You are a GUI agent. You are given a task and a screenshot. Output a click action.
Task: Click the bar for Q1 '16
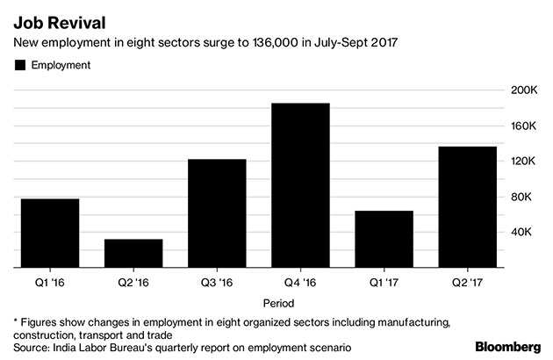(x=50, y=233)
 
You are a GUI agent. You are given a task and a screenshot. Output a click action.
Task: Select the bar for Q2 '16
(x=133, y=253)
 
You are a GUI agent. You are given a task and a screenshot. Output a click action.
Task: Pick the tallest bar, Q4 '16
(x=300, y=184)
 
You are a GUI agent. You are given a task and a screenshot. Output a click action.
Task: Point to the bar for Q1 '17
(x=384, y=238)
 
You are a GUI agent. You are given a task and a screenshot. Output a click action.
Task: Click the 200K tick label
(x=524, y=90)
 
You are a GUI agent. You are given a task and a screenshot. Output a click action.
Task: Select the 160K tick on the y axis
(x=524, y=126)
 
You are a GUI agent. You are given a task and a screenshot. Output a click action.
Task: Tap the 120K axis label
(x=524, y=162)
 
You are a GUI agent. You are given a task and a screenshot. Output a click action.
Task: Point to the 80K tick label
(x=524, y=197)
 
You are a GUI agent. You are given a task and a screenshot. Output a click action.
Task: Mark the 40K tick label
(x=524, y=232)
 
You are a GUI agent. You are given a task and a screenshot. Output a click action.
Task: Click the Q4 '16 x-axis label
(x=300, y=282)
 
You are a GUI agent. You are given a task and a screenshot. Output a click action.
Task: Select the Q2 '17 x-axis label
(x=467, y=282)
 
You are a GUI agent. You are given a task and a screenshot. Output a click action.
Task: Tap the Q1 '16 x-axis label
(x=50, y=282)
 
